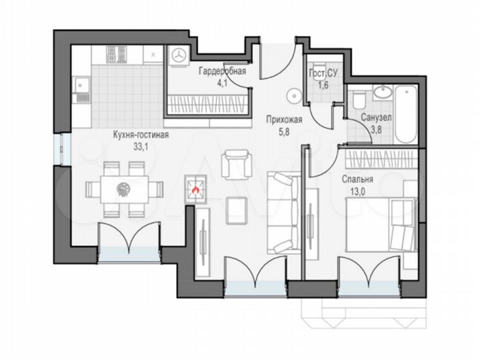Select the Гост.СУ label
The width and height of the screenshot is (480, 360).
tap(323, 74)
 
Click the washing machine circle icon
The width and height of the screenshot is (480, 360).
tap(179, 56)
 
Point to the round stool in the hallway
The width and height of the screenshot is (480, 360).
tap(293, 95)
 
